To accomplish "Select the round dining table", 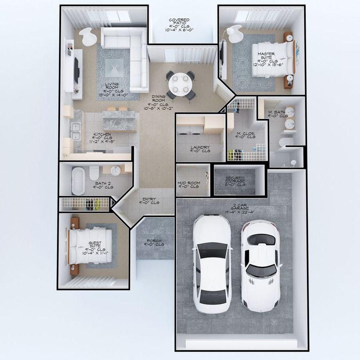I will (180, 84).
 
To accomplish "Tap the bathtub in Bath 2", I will (78, 180).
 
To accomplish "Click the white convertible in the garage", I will (260, 265).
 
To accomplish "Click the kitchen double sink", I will (75, 132).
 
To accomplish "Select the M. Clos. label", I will (245, 135).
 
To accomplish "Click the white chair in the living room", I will (87, 37).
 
